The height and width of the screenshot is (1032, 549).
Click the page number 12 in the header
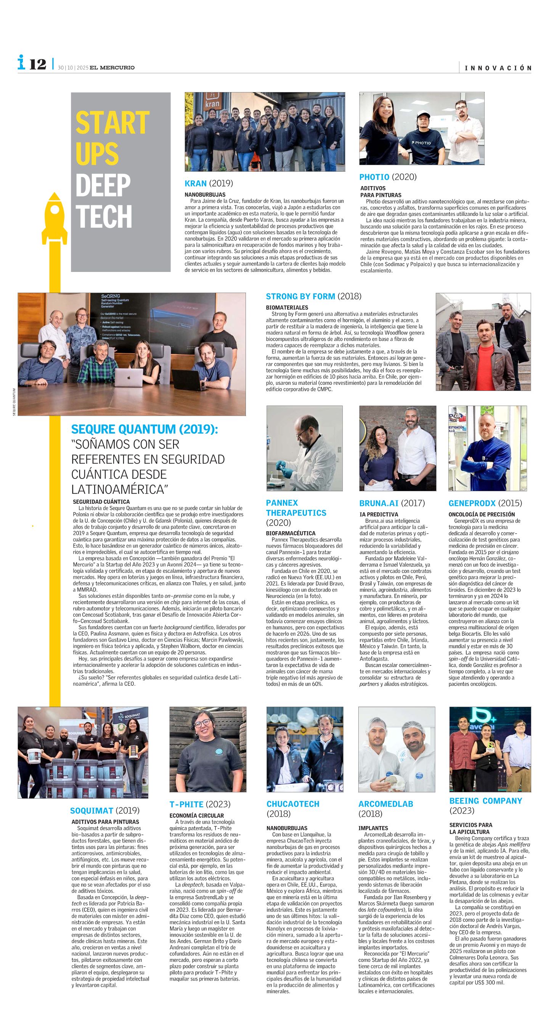pos(38,64)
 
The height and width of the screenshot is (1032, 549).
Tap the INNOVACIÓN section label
pos(498,68)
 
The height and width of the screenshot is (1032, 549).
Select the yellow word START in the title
pos(112,122)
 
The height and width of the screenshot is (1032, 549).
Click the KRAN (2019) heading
pos(208,183)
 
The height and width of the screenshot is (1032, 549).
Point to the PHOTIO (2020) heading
pos(388,177)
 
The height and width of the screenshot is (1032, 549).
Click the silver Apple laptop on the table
pos(132,378)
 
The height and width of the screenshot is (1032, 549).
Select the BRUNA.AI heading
pos(392,503)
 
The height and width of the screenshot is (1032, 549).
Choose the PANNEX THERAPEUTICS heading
pos(296,508)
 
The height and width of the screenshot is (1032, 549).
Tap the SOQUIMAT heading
pos(104,811)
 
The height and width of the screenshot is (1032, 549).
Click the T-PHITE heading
pos(199,804)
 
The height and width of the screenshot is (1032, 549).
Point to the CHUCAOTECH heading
pos(293,804)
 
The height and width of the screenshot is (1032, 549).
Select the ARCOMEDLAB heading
pos(385,804)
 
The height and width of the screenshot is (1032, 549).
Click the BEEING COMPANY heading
pos(485,801)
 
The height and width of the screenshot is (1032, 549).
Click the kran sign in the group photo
pos(212,102)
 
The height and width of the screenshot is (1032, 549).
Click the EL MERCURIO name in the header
pos(112,68)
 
